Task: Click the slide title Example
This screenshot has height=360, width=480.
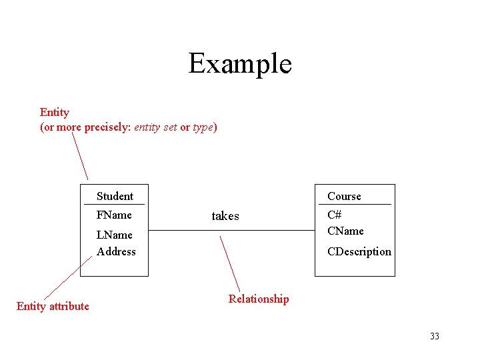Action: pyautogui.click(x=240, y=64)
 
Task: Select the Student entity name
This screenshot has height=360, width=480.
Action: pyautogui.click(x=115, y=196)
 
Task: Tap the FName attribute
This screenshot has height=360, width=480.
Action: pyautogui.click(x=114, y=215)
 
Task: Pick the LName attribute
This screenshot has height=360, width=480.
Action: pyautogui.click(x=115, y=235)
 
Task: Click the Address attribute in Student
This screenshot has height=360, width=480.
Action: pyautogui.click(x=116, y=251)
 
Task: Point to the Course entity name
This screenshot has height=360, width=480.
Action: pyautogui.click(x=344, y=196)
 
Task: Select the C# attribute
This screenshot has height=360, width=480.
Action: pyautogui.click(x=335, y=215)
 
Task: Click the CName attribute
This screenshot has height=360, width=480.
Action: pyautogui.click(x=345, y=231)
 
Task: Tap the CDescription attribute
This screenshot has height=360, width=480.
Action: pyautogui.click(x=359, y=251)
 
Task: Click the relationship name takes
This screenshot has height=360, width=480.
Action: pyautogui.click(x=225, y=216)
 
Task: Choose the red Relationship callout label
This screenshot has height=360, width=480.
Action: pyautogui.click(x=259, y=299)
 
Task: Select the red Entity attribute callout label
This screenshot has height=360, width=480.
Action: pyautogui.click(x=53, y=306)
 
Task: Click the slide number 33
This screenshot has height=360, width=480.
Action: pyautogui.click(x=435, y=336)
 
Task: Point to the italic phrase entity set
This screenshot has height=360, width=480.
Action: pyautogui.click(x=155, y=127)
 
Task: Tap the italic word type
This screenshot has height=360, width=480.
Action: pyautogui.click(x=203, y=127)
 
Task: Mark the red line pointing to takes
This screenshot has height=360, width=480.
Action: pyautogui.click(x=230, y=263)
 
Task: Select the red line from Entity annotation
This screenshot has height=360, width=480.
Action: pyautogui.click(x=80, y=156)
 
